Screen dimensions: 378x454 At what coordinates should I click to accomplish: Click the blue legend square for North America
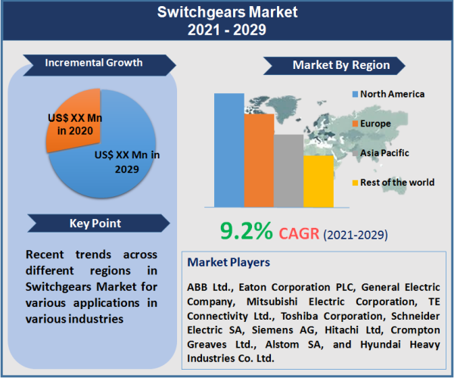(x=354, y=95)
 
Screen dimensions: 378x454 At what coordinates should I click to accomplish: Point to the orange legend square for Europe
(x=354, y=123)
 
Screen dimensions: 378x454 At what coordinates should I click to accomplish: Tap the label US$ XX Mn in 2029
(x=125, y=161)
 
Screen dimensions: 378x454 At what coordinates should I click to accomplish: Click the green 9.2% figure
(x=246, y=231)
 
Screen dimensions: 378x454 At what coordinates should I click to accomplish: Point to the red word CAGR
(x=299, y=233)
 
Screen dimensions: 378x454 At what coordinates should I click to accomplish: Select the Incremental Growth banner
(x=94, y=62)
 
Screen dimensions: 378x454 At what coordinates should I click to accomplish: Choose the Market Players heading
(x=229, y=262)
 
